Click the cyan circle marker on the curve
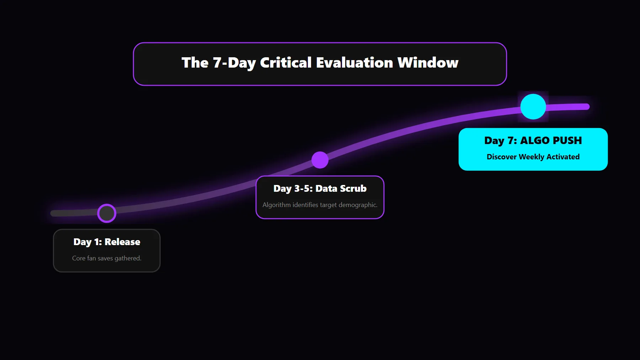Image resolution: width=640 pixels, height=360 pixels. pyautogui.click(x=533, y=107)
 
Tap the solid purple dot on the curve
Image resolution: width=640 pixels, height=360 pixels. pyautogui.click(x=320, y=160)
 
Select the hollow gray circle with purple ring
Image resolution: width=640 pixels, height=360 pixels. pyautogui.click(x=107, y=213)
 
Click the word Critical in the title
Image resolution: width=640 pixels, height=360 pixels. pyautogui.click(x=286, y=63)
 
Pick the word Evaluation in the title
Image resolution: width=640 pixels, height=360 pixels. pyautogui.click(x=354, y=63)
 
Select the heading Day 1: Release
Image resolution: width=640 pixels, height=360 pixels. pyautogui.click(x=107, y=242)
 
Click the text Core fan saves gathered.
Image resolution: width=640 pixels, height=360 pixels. pyautogui.click(x=107, y=258)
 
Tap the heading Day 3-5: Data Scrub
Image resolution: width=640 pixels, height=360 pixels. pyautogui.click(x=320, y=189)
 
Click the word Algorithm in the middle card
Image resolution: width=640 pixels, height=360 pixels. pyautogui.click(x=276, y=205)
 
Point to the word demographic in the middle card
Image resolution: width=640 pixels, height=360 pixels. pyautogui.click(x=358, y=205)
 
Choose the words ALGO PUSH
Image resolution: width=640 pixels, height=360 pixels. pyautogui.click(x=551, y=141)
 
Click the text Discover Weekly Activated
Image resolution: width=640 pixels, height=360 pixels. pyautogui.click(x=533, y=157)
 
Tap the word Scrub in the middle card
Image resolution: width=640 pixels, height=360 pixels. pyautogui.click(x=353, y=189)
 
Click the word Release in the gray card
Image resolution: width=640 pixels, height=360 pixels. pyautogui.click(x=122, y=242)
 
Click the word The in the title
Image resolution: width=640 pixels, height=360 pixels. pyautogui.click(x=195, y=63)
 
